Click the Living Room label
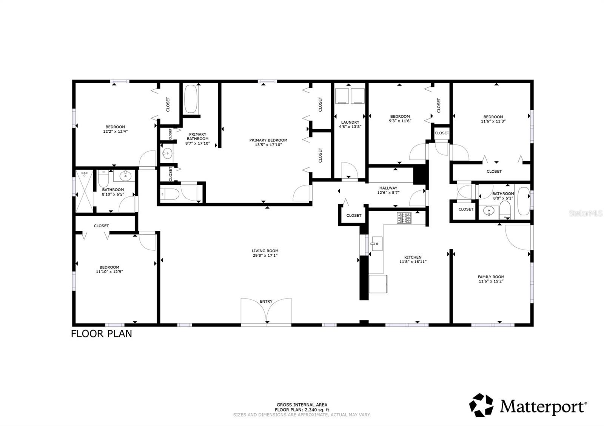click(x=265, y=251)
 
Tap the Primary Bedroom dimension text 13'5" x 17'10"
click(x=268, y=145)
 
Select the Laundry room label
click(x=350, y=122)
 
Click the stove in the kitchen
click(x=404, y=218)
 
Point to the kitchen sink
click(x=376, y=244)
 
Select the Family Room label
click(x=491, y=277)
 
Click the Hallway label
click(x=388, y=188)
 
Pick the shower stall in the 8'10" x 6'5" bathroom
click(x=84, y=190)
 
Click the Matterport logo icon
click(x=481, y=405)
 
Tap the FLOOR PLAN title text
click(x=102, y=334)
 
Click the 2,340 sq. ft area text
click(x=302, y=410)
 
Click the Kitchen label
click(x=413, y=257)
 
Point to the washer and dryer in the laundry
click(x=350, y=96)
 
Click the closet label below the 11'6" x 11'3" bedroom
click(x=494, y=171)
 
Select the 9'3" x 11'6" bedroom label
click(x=400, y=116)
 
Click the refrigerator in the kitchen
click(x=378, y=283)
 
